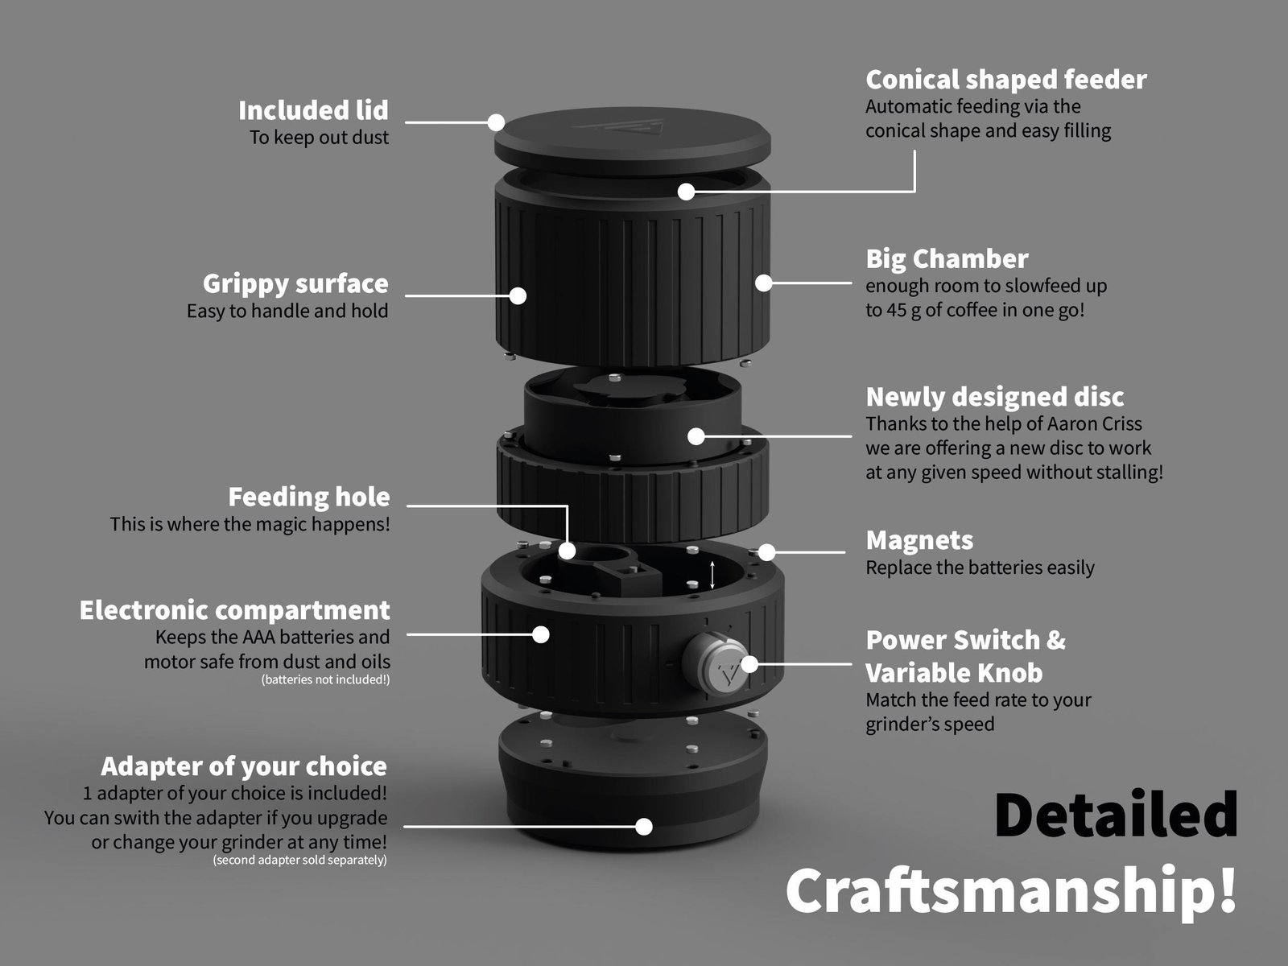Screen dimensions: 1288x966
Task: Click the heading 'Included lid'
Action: point(313,110)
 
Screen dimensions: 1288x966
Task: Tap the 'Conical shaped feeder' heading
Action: point(1005,80)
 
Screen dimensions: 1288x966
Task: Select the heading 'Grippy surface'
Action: point(295,284)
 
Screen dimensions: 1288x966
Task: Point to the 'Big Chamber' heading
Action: point(947,259)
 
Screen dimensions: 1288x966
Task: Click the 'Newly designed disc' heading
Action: point(995,397)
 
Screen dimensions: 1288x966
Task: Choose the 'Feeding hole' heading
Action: point(308,497)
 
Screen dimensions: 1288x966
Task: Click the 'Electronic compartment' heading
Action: point(235,610)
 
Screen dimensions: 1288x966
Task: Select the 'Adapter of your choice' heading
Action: point(244,766)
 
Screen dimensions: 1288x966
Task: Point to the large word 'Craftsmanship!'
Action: point(1012,890)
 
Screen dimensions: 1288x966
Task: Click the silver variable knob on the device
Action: point(715,664)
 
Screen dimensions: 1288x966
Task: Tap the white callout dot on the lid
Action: point(496,122)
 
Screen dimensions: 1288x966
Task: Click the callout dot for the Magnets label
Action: point(766,552)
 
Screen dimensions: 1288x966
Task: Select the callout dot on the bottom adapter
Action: point(644,827)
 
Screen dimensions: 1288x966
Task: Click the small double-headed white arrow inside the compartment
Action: point(712,575)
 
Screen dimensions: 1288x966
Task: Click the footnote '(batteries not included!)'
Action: point(325,679)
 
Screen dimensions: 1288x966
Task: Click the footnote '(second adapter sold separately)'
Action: point(299,860)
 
